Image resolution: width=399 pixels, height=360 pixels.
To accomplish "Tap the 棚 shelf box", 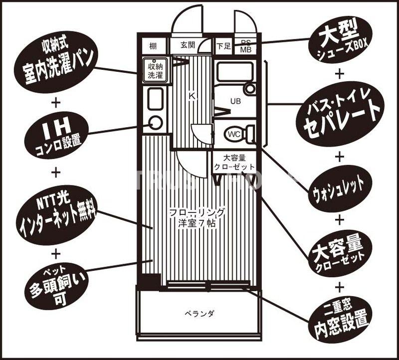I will tap(153, 46).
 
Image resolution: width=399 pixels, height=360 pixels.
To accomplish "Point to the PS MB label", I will tap(245, 46).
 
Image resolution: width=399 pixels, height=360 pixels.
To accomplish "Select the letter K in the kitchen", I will tap(192, 96).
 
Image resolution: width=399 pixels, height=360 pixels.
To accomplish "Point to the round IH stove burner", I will tap(156, 122).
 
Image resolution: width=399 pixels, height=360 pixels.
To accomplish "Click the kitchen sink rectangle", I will tap(155, 99).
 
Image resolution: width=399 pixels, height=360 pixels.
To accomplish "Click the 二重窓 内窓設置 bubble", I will tap(339, 319).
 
